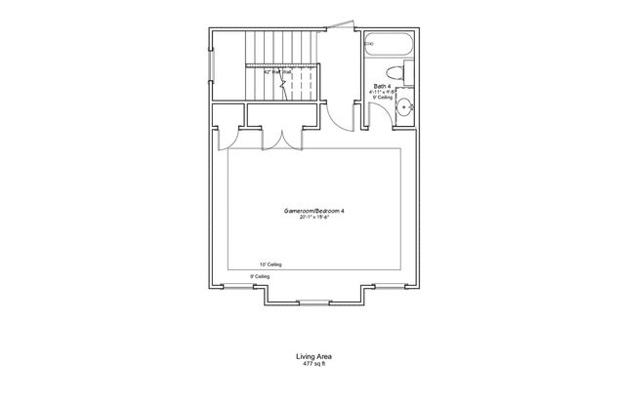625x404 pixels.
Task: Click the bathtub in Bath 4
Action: coord(392,45)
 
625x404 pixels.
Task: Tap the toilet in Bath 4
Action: coord(391,71)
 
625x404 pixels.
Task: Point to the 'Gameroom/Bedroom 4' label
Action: coord(312,211)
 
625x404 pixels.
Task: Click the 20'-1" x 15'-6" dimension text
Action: coord(312,218)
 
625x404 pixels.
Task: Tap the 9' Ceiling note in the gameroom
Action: coord(260,277)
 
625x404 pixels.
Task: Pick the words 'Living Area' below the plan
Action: coord(312,358)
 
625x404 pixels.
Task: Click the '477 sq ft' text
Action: coord(312,366)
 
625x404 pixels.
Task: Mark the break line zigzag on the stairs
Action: coord(283,83)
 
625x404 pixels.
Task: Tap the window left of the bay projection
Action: coord(233,285)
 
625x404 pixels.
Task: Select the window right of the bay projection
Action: coord(391,285)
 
